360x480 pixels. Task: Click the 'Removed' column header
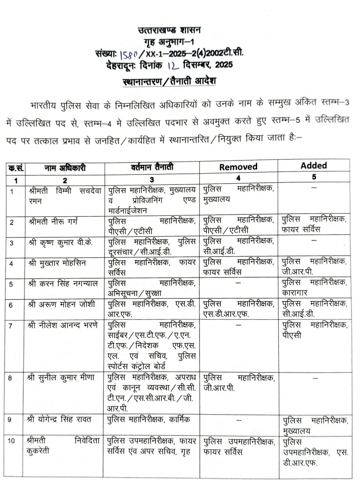point(238,167)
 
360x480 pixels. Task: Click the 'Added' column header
point(314,166)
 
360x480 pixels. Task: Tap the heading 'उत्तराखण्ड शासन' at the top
point(169,30)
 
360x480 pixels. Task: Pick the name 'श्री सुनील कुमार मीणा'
point(61,378)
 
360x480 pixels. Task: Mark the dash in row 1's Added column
point(314,188)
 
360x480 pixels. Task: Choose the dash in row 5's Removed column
point(238,283)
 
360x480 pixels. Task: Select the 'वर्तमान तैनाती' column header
point(152,166)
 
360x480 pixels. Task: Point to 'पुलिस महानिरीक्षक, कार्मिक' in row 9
point(149,419)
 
